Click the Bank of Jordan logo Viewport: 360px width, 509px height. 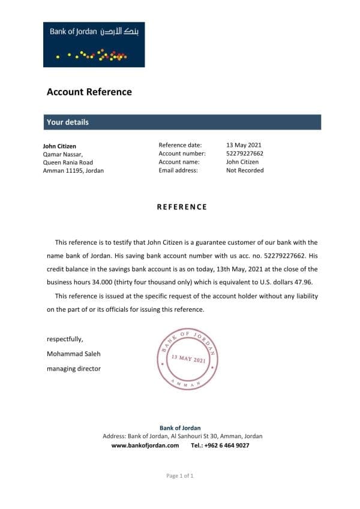point(94,44)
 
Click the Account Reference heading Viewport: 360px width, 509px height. point(89,92)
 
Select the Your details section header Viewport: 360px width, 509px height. point(68,122)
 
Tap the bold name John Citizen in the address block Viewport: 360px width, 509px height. point(59,146)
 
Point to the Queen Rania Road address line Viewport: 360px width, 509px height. point(68,162)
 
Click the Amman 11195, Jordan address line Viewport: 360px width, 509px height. point(73,170)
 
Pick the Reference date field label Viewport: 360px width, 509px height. point(180,145)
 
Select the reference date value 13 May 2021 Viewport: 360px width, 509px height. point(244,145)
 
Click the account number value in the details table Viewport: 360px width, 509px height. point(245,153)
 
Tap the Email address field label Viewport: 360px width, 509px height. point(178,170)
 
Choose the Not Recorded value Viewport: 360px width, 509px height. point(245,170)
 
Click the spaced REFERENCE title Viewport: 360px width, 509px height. point(182,207)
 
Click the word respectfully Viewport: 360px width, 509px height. point(65,339)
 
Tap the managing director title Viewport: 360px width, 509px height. point(74,369)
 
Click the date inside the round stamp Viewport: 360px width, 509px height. point(188,359)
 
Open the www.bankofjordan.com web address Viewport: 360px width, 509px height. point(145,445)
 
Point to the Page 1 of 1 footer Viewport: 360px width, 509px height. point(180,475)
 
